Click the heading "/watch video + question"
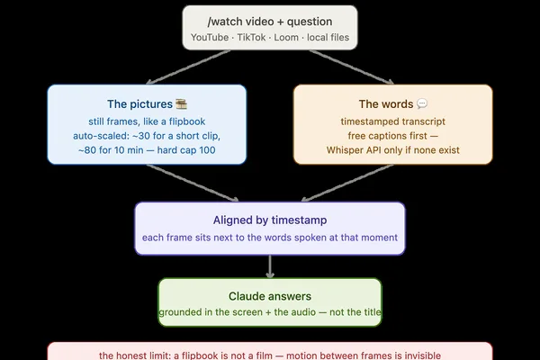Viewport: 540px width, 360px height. (x=270, y=22)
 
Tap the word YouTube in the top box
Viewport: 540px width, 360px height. (x=210, y=37)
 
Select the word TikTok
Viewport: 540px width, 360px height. (x=251, y=37)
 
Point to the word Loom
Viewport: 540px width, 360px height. (x=286, y=37)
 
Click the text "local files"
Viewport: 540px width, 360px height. (x=328, y=37)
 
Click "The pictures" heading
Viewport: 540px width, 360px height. (x=139, y=104)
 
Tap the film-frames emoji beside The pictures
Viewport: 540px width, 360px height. (x=181, y=103)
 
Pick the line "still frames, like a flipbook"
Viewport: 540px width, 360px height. (x=147, y=121)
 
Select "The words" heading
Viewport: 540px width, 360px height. (x=386, y=104)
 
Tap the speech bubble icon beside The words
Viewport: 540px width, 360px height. (x=422, y=103)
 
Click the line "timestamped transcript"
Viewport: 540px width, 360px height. (x=393, y=121)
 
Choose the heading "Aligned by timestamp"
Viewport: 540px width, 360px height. (x=270, y=220)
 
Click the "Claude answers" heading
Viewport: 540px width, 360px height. (x=270, y=296)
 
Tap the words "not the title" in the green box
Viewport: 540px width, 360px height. (x=355, y=312)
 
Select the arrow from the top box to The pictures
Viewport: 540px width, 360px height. (x=188, y=67)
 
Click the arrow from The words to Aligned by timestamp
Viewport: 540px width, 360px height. (x=347, y=183)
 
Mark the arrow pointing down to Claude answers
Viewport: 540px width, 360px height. (x=270, y=266)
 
